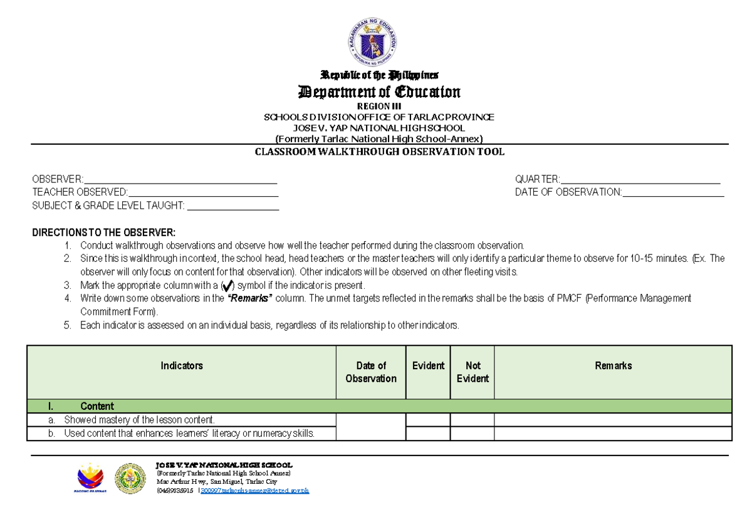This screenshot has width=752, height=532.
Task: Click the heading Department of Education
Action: click(379, 92)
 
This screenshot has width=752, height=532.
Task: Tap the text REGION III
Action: click(379, 107)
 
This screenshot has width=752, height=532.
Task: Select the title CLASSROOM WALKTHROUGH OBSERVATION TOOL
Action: click(379, 152)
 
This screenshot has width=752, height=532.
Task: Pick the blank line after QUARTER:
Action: click(640, 180)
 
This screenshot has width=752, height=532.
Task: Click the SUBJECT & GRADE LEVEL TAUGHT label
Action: click(108, 206)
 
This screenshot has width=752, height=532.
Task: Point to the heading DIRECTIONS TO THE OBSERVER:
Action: click(104, 232)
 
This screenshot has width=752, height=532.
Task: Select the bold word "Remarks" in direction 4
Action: click(250, 298)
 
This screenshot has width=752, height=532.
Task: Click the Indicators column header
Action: click(182, 365)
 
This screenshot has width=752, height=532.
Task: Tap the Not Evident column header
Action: click(473, 372)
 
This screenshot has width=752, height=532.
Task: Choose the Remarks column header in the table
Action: click(613, 365)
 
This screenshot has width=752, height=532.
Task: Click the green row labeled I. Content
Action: click(379, 406)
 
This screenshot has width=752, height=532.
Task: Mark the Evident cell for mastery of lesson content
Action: click(428, 420)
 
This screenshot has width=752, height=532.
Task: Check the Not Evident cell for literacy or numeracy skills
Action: click(473, 434)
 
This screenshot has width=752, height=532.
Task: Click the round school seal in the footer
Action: click(130, 479)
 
